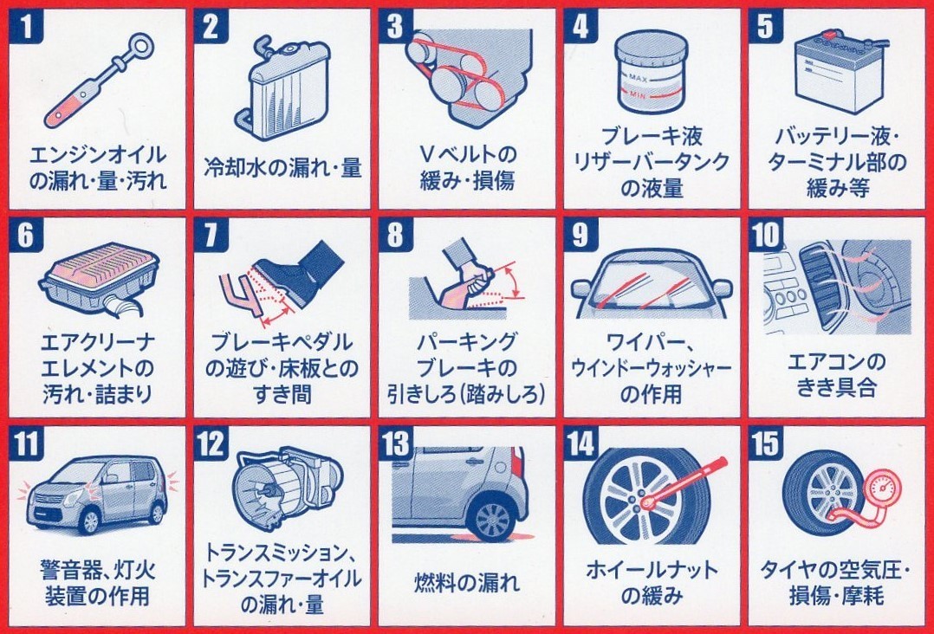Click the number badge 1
[26, 26]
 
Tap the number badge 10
[766, 234]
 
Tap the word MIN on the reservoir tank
[637, 94]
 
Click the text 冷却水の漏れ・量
[282, 168]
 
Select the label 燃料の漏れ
[466, 582]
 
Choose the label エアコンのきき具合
[836, 374]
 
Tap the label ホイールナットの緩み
[652, 582]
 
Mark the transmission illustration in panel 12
[285, 488]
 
